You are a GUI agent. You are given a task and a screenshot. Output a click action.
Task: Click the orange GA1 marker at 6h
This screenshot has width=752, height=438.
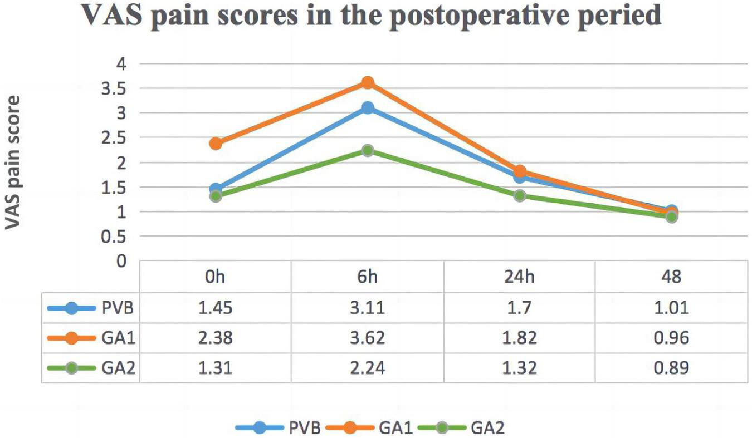coord(367,82)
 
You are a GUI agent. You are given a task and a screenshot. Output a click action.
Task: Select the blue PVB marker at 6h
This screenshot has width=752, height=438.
coord(367,107)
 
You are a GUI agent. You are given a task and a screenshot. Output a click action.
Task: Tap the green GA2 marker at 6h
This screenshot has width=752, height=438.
coord(367,150)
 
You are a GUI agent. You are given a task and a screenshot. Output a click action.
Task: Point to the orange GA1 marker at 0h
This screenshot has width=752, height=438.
coord(216,144)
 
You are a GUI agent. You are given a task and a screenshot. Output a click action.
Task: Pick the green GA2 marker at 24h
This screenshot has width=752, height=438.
coord(520,196)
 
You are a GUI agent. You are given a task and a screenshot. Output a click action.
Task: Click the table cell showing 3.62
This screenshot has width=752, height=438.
coord(367,338)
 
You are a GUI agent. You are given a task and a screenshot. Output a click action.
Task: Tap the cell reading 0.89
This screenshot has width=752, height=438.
coord(672,367)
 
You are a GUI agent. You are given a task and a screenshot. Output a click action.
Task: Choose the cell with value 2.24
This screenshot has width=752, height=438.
coord(367,367)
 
